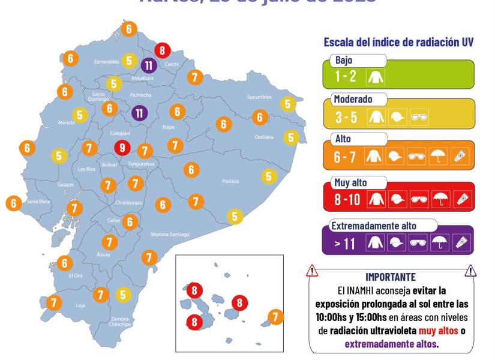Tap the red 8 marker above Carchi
point(161,50)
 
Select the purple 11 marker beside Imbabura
point(149,65)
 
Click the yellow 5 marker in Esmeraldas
point(129,60)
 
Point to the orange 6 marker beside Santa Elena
point(13,203)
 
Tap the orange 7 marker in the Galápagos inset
point(275,316)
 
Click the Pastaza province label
point(230,181)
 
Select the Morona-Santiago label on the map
point(170,234)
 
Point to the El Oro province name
point(75,275)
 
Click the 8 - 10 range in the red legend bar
point(347,199)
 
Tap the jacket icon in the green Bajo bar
point(377,77)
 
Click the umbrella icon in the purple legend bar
point(440,242)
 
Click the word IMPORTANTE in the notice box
point(390,277)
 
